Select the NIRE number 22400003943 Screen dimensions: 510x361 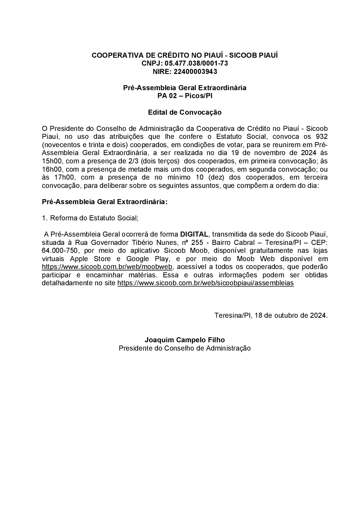coord(195,71)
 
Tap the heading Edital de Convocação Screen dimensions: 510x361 coord(184,112)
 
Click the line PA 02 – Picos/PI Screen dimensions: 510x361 coord(184,96)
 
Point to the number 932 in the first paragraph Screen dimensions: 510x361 coord(322,137)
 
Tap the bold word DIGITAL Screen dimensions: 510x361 coord(194,234)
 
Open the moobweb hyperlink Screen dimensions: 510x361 coord(108,267)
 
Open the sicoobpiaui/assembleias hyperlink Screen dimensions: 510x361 coord(205,283)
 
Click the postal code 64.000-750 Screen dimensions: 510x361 coord(60,251)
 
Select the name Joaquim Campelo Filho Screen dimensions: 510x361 coord(184,340)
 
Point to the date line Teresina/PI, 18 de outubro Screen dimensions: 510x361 coord(271,315)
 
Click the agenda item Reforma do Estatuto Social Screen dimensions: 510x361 coord(94,218)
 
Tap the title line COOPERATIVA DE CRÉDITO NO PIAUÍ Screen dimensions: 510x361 coord(184,55)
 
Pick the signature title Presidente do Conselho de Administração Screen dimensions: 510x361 coord(184,348)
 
